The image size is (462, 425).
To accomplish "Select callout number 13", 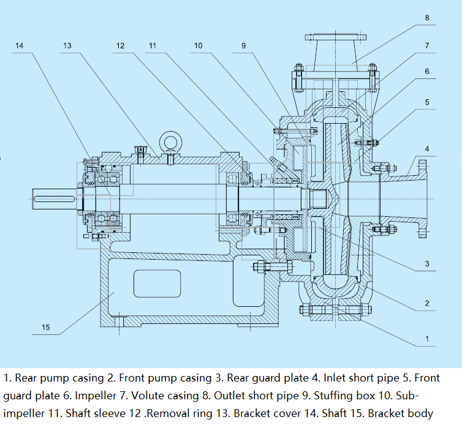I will coord(67,46).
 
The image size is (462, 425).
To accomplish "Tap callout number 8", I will coord(426,18).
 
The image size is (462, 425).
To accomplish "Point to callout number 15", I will coord(45,327).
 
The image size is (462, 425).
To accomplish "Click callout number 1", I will coord(426,338).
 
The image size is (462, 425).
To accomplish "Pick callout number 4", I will coord(426,149).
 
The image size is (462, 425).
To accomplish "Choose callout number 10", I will coord(198,46).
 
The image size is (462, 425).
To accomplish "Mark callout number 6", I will coord(426,72).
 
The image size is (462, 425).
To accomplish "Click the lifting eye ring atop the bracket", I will coord(169,143).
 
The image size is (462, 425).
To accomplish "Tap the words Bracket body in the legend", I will coord(400,413).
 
